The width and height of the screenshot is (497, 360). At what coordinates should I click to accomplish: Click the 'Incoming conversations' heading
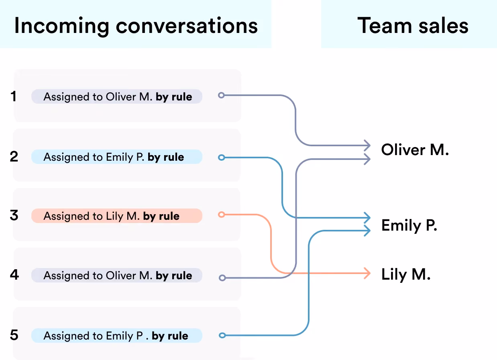[x=136, y=26]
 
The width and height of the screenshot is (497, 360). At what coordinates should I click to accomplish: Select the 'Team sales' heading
[x=413, y=26]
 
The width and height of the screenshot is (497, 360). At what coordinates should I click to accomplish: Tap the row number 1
[x=13, y=96]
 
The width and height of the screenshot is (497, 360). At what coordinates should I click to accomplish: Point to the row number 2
[x=14, y=156]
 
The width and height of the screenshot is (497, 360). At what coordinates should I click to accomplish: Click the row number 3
[x=14, y=215]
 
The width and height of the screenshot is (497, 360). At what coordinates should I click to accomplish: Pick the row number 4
[x=14, y=275]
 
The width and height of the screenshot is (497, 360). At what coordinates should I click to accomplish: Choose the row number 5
[x=14, y=335]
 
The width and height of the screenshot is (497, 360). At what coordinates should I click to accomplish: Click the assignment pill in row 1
[x=117, y=96]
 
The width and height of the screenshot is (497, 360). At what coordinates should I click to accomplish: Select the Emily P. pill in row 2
[x=117, y=157]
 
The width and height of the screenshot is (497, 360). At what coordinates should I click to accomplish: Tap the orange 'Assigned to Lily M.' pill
[x=117, y=216]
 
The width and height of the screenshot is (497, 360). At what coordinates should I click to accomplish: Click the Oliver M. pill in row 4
[x=117, y=275]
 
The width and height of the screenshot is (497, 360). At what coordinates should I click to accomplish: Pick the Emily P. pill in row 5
[x=117, y=335]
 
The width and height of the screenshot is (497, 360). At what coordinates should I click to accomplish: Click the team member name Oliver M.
[x=415, y=150]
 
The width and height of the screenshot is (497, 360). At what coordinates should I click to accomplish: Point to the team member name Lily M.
[x=406, y=274]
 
